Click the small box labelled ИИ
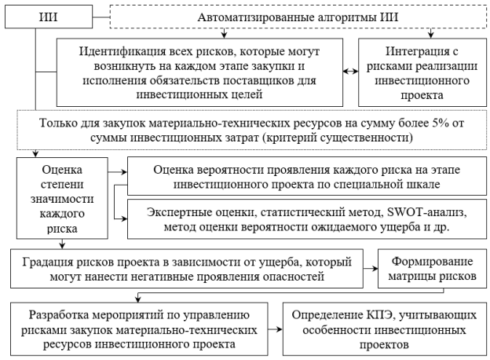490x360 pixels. coord(35,16)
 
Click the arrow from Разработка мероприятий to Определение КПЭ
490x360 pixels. coord(273,327)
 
